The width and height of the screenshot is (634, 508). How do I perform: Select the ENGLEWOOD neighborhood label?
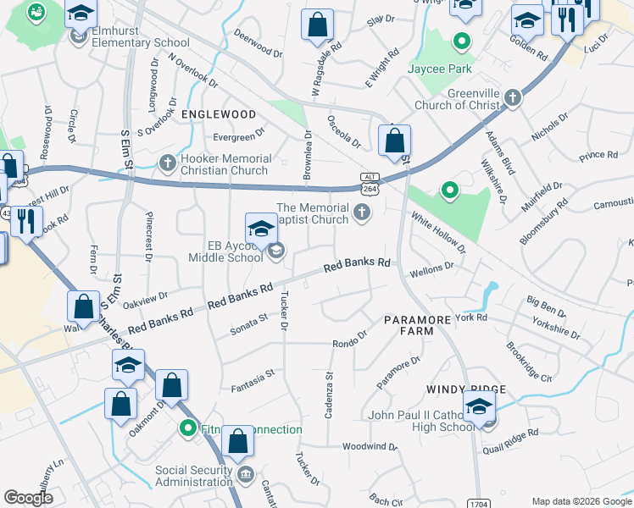(218, 114)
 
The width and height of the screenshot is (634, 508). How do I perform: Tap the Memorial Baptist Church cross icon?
(363, 212)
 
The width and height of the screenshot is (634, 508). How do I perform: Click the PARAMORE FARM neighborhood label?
(409, 325)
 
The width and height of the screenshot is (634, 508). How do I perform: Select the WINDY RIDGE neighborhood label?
(466, 389)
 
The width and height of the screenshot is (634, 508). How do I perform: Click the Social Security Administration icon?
(246, 472)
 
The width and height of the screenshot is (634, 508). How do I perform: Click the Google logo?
(28, 498)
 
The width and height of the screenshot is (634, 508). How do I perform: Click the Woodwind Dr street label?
(370, 446)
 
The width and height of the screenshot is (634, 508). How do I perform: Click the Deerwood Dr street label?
(259, 45)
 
